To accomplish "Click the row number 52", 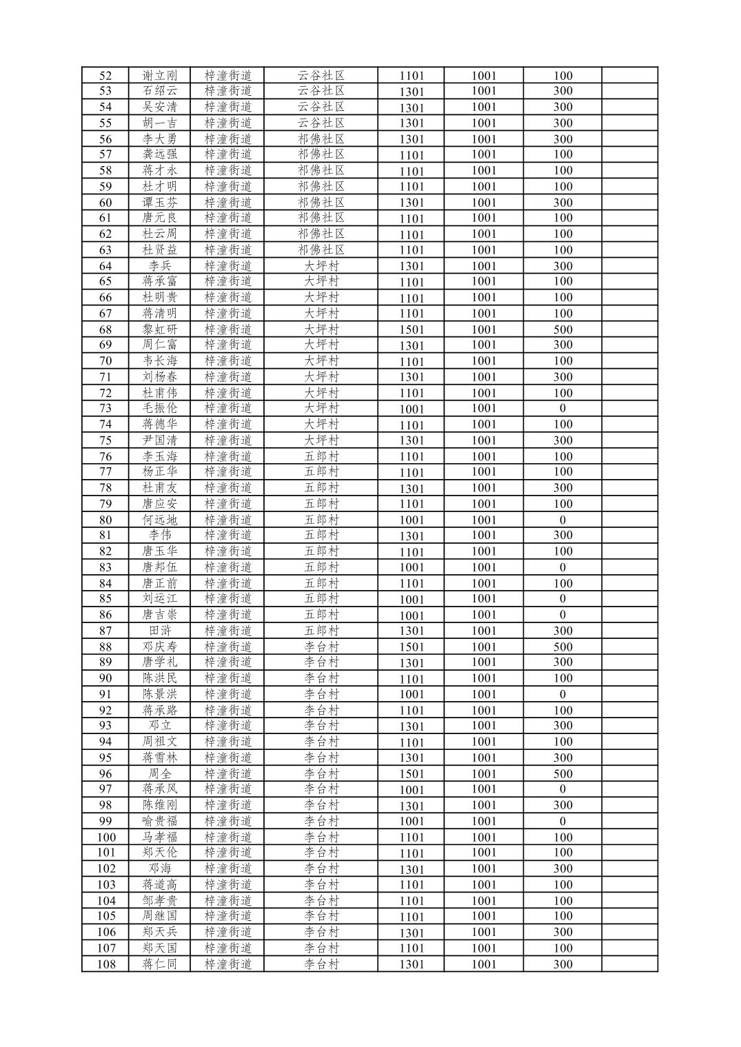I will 105,76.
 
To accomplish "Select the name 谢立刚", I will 159,76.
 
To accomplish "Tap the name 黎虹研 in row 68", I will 159,329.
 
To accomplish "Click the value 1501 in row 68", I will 412,329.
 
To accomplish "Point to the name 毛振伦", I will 159,408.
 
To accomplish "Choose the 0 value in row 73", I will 562,408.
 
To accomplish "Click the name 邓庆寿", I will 159,647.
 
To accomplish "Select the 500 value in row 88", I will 562,647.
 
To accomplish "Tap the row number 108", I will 105,964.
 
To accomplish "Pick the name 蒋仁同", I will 159,964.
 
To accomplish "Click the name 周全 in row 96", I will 159,773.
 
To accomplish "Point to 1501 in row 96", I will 412,773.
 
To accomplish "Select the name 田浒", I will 159,631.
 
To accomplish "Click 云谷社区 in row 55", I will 321,123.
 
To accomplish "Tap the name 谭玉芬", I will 159,203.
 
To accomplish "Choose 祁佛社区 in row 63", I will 321,250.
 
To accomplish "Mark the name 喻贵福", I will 159,821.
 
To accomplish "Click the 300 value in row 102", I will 562,868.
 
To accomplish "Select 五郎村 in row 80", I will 321,520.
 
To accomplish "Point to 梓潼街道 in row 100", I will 228,837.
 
